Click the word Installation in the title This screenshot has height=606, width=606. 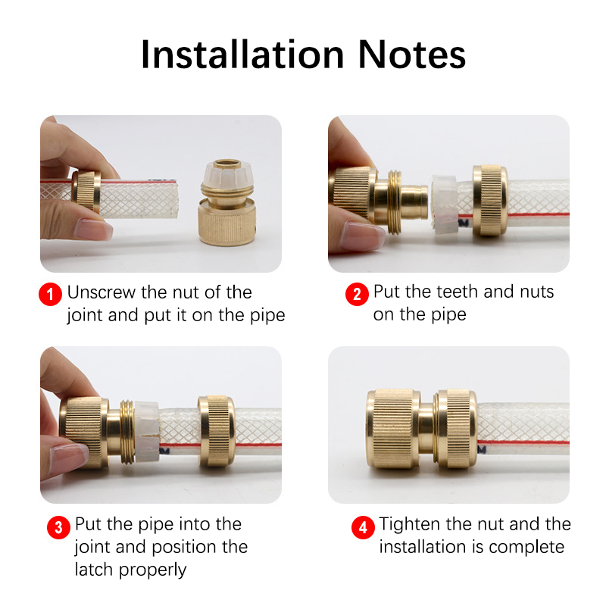pyautogui.click(x=242, y=55)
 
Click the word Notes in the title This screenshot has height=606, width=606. pyautogui.click(x=412, y=55)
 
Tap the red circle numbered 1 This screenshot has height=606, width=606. pyautogui.click(x=50, y=294)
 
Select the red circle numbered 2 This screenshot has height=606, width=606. pyautogui.click(x=357, y=294)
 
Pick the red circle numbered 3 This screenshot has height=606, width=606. pyautogui.click(x=58, y=526)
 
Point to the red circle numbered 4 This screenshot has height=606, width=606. pyautogui.click(x=363, y=526)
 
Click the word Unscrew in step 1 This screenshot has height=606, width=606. pyautogui.click(x=102, y=292)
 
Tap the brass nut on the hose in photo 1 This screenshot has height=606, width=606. pyautogui.click(x=86, y=191)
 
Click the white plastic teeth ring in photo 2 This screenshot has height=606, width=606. pyautogui.click(x=445, y=205)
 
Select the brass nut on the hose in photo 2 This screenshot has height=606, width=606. pyautogui.click(x=489, y=200)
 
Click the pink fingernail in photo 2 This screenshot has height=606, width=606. pyautogui.click(x=362, y=236)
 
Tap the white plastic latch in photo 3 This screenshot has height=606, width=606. pyautogui.click(x=146, y=432)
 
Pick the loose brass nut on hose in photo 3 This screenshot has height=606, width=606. pyautogui.click(x=216, y=430)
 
